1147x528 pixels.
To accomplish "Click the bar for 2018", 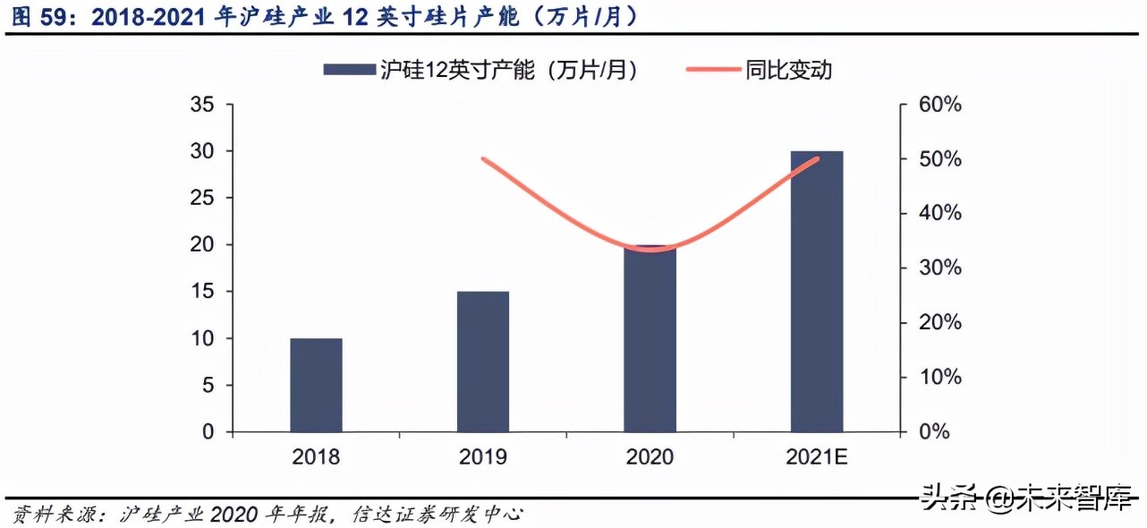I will (316, 385).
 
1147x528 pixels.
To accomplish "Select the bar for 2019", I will (483, 362).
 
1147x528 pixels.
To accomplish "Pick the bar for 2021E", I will (817, 292).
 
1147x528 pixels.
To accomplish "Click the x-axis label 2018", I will (316, 457).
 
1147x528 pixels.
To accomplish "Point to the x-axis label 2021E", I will (817, 457).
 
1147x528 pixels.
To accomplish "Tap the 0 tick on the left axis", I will (208, 431).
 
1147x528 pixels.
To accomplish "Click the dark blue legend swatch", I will (348, 70).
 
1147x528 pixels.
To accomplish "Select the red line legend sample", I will (712, 70).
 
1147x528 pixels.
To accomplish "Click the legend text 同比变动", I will (788, 70).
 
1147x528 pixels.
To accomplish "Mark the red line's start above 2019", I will (483, 159).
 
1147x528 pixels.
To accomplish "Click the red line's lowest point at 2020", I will (651, 250).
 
